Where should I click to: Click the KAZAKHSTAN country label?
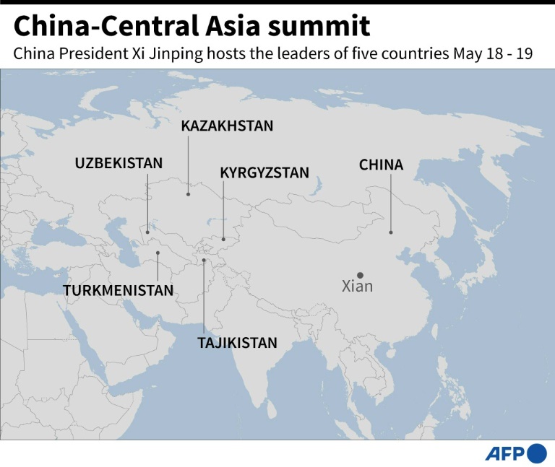(x=227, y=126)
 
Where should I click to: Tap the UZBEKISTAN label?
(x=119, y=163)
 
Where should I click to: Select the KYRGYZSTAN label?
(x=264, y=173)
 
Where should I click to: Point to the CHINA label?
(x=381, y=165)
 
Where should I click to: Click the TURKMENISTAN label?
(x=119, y=291)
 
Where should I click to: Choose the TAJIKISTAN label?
(x=237, y=343)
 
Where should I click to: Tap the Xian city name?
(x=357, y=287)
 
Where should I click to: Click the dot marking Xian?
(x=359, y=274)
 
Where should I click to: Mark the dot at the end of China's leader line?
(x=391, y=232)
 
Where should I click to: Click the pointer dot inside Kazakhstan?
(x=188, y=193)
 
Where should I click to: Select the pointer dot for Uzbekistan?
(x=147, y=232)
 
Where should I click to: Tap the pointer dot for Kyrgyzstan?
(x=223, y=239)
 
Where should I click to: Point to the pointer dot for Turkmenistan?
(x=158, y=253)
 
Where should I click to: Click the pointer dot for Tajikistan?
(x=204, y=261)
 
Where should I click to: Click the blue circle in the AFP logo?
(x=537, y=453)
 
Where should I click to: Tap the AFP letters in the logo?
(x=505, y=454)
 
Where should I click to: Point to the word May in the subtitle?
(x=468, y=55)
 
